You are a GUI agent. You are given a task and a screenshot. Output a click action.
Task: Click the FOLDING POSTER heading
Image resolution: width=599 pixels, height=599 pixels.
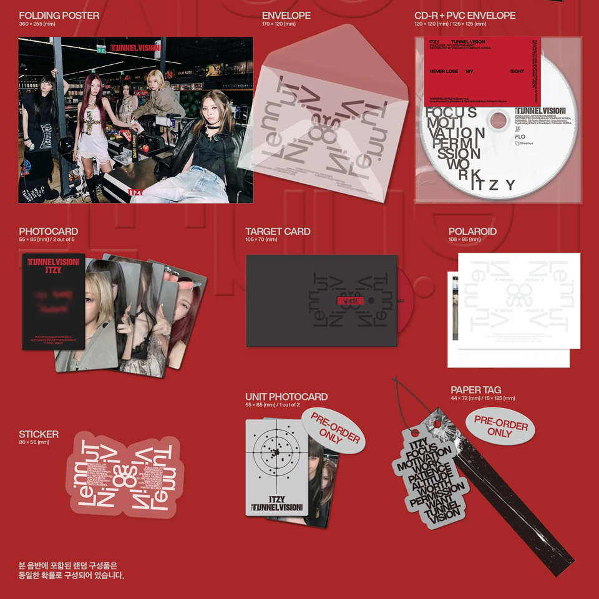pyautogui.click(x=59, y=16)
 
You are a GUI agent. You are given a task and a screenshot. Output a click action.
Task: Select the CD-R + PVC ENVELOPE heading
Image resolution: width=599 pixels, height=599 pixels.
pyautogui.click(x=465, y=16)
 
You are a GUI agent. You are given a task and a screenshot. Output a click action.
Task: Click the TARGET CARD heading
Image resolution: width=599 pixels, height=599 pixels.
pyautogui.click(x=278, y=231)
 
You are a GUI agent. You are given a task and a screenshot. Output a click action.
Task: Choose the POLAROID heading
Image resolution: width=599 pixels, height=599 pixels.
pyautogui.click(x=472, y=231)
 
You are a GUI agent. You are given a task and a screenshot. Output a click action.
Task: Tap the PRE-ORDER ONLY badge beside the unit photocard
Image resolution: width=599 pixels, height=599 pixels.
pyautogui.click(x=331, y=434)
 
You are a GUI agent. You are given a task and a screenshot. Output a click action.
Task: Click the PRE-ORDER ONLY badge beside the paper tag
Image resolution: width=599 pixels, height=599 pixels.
pyautogui.click(x=500, y=427)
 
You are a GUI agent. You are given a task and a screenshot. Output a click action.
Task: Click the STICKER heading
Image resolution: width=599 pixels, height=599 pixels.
pyautogui.click(x=39, y=434)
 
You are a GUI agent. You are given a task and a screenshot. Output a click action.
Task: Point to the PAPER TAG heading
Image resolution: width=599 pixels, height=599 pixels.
pyautogui.click(x=475, y=390)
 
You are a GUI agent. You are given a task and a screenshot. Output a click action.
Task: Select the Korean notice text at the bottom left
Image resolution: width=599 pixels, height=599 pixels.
pyautogui.click(x=71, y=570)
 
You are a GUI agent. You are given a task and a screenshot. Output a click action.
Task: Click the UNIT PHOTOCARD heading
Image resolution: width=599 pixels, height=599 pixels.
pyautogui.click(x=286, y=397)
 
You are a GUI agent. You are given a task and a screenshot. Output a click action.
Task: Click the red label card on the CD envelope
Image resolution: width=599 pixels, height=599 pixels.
pyautogui.click(x=478, y=71)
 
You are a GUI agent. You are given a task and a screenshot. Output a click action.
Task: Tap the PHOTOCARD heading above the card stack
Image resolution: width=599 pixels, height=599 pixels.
pyautogui.click(x=49, y=231)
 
